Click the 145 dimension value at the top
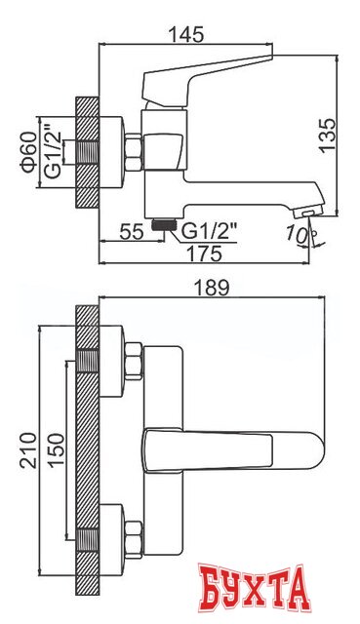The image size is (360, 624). point(184,35)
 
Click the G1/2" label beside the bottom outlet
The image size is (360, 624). point(213,230)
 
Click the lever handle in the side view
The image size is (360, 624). point(206,84)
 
